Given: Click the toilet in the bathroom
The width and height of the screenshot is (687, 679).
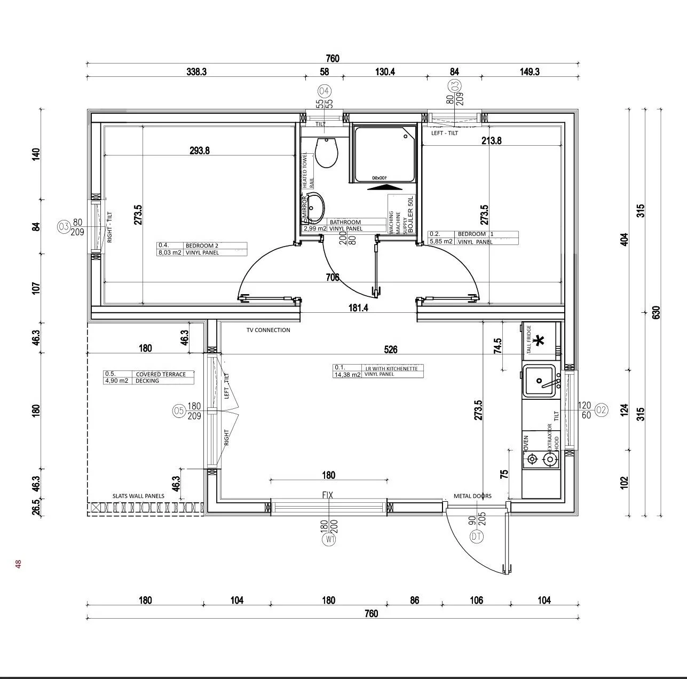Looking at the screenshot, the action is click(326, 152).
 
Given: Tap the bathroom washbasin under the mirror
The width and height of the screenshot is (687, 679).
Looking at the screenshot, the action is click(315, 208).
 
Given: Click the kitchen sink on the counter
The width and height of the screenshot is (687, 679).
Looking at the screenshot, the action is click(540, 381).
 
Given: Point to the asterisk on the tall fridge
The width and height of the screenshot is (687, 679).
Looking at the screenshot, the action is click(540, 339).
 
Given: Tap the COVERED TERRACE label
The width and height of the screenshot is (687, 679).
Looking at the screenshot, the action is click(161, 374).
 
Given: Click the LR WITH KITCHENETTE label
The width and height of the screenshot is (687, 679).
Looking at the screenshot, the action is click(394, 368).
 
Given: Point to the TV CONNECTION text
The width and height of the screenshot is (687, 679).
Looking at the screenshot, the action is click(268, 330).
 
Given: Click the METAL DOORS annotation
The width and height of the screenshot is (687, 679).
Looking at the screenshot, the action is click(472, 496).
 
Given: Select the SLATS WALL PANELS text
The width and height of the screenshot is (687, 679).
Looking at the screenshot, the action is click(138, 496).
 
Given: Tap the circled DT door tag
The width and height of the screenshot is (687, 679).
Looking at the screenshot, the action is click(476, 538).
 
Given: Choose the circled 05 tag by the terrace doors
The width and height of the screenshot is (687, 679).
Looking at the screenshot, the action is click(179, 410).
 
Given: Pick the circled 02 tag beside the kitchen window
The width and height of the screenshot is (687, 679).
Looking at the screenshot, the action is click(601, 410).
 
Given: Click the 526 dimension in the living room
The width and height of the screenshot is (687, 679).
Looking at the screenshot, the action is click(391, 350).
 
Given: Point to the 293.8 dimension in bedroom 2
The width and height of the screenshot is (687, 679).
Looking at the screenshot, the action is click(200, 151).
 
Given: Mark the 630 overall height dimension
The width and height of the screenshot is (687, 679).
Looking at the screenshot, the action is click(656, 312).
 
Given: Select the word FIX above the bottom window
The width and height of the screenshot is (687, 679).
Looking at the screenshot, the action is click(328, 495).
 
